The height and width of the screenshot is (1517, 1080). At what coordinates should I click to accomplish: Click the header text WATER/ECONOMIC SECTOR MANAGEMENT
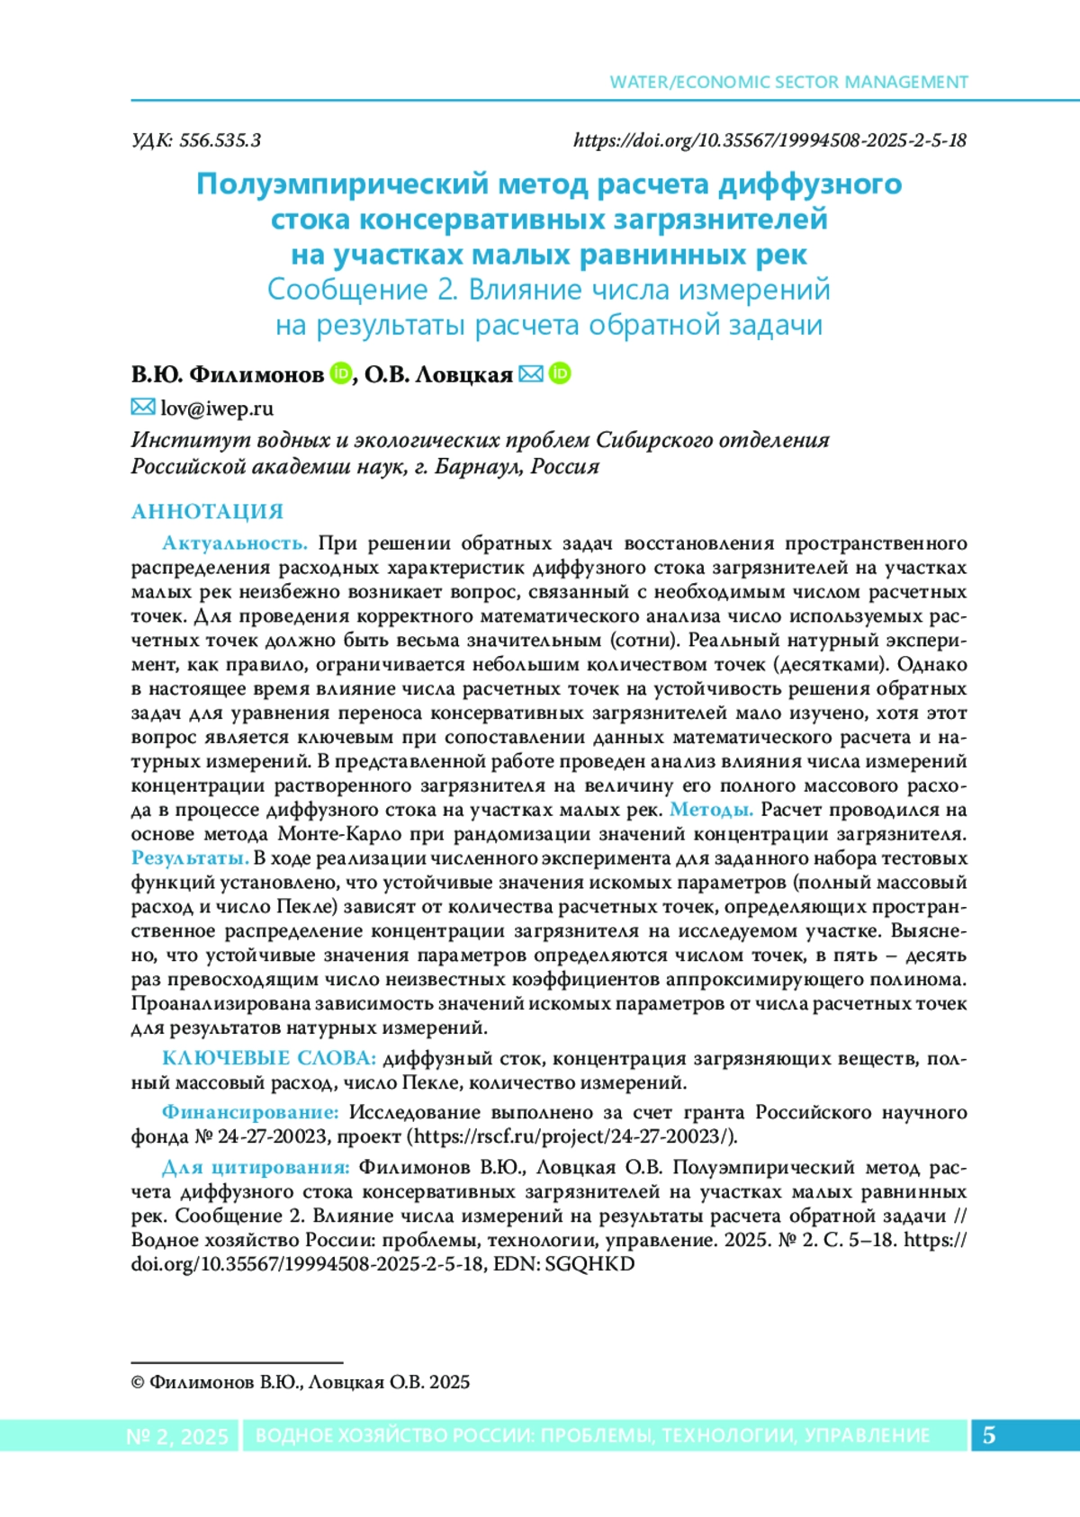(788, 82)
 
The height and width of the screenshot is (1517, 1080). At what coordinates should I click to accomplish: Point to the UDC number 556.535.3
(220, 140)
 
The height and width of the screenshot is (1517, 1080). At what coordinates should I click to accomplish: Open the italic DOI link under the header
(769, 140)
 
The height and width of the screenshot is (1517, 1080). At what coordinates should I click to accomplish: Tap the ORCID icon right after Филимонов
(340, 373)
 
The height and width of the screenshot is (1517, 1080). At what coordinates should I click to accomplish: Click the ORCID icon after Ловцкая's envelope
(560, 373)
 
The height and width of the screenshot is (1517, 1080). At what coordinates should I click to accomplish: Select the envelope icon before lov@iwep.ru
(142, 408)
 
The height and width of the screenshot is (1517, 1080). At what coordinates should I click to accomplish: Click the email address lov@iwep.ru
(217, 408)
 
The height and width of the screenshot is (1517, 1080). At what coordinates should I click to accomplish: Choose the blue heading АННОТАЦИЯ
(207, 512)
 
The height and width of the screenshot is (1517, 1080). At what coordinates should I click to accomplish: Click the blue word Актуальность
(235, 543)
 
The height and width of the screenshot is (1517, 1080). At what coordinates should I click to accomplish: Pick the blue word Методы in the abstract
(711, 810)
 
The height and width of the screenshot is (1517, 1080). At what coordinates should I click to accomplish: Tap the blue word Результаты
(190, 858)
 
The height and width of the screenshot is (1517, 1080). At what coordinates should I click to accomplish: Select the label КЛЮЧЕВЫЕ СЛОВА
(268, 1058)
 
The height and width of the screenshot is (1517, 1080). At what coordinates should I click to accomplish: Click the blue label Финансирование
(250, 1113)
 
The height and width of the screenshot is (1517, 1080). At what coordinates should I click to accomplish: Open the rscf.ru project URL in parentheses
(572, 1136)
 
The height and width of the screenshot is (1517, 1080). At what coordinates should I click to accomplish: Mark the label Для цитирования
(256, 1168)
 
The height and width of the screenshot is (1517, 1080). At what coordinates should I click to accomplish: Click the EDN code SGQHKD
(589, 1264)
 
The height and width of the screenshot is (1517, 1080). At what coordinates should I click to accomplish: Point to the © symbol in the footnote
(138, 1383)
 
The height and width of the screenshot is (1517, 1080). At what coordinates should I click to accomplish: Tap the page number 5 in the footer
(988, 1435)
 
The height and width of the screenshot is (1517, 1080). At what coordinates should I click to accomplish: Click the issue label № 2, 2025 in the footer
(177, 1436)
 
